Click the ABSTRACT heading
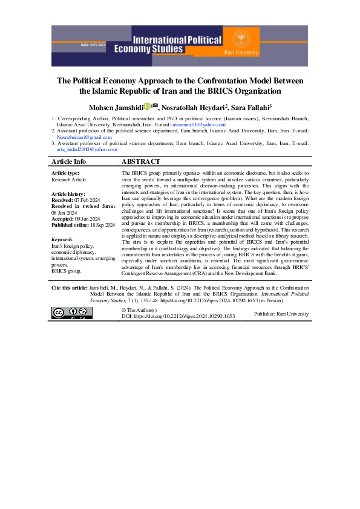pyautogui.click(x=141, y=162)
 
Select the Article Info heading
pyautogui.click(x=69, y=162)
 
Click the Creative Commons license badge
pyautogui.click(x=72, y=313)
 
